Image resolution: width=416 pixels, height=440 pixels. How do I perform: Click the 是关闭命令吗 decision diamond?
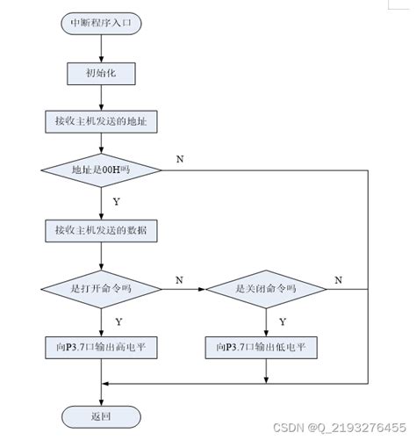[x=265, y=288]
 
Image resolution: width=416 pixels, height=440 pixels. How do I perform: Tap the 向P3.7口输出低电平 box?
[x=265, y=347]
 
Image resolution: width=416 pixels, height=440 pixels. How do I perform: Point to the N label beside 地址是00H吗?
[x=180, y=159]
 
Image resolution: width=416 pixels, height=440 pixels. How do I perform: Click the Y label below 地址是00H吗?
[x=117, y=201]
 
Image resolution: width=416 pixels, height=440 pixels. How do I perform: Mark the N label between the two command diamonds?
[x=180, y=279]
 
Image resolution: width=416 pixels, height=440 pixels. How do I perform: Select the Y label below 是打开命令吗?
[x=118, y=321]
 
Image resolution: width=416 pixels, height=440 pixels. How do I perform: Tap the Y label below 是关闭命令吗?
[x=282, y=321]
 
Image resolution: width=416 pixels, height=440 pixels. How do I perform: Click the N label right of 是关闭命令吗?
[x=338, y=279]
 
